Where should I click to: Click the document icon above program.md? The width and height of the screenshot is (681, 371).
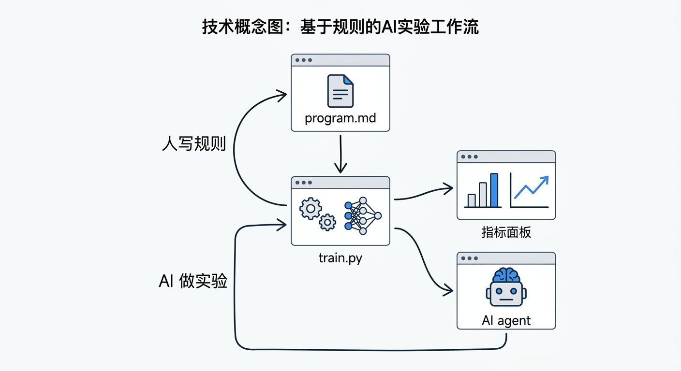(340, 91)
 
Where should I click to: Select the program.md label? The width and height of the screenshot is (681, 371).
(340, 118)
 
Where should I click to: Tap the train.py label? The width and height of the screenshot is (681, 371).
(340, 258)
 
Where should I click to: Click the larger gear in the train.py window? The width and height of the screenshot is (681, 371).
(311, 209)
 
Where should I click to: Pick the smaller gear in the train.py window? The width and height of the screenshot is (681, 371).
(327, 222)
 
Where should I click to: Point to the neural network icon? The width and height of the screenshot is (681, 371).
(362, 215)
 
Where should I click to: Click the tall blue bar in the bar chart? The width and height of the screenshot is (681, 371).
(494, 190)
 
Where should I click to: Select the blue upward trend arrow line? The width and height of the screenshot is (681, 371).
(531, 187)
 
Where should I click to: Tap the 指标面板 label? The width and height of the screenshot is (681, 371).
(506, 232)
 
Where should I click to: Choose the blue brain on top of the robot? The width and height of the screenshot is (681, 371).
(506, 275)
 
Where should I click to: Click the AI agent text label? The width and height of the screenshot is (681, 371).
(506, 320)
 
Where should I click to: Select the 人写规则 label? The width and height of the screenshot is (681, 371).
(193, 144)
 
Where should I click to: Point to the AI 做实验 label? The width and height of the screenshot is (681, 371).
(193, 281)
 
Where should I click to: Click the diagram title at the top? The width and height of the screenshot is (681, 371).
(340, 27)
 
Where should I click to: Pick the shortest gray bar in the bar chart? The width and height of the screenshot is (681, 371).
(472, 200)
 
